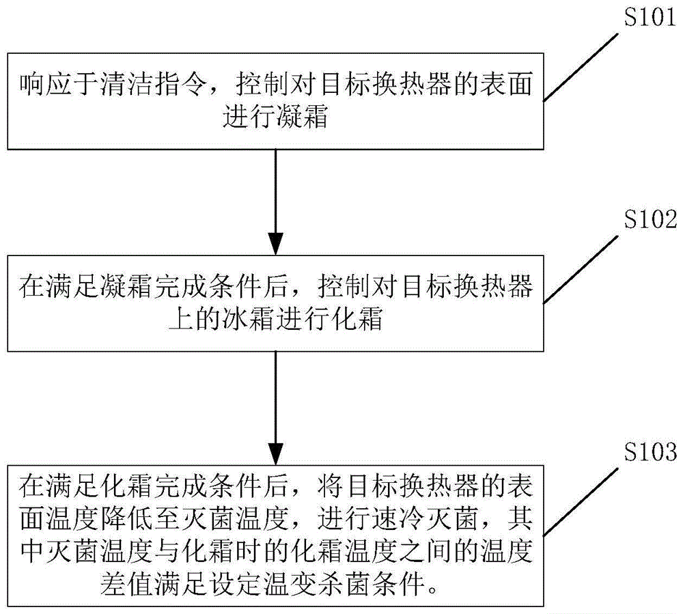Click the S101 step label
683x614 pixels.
[x=650, y=18]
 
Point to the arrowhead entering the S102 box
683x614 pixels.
[x=275, y=244]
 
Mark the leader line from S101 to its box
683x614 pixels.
[x=581, y=68]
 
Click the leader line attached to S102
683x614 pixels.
[x=581, y=269]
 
